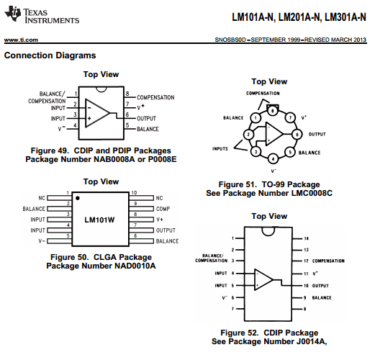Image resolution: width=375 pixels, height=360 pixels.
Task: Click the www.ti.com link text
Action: (x=21, y=40)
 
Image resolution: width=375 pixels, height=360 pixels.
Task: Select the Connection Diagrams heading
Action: (x=50, y=55)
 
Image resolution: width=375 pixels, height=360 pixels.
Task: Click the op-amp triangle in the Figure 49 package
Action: (x=100, y=112)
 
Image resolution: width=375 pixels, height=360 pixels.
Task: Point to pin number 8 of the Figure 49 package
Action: (x=127, y=94)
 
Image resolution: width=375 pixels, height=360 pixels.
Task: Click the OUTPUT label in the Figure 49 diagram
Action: (x=146, y=117)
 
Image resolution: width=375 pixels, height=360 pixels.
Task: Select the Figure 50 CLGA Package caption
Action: (x=101, y=257)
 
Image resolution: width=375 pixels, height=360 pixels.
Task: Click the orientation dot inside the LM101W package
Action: (x=77, y=197)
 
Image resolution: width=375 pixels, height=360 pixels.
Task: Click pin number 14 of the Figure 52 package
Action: (x=306, y=238)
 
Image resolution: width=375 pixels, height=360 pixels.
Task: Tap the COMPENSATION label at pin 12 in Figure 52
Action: (x=327, y=261)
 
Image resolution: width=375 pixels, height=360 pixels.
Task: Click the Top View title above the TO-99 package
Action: (x=268, y=82)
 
